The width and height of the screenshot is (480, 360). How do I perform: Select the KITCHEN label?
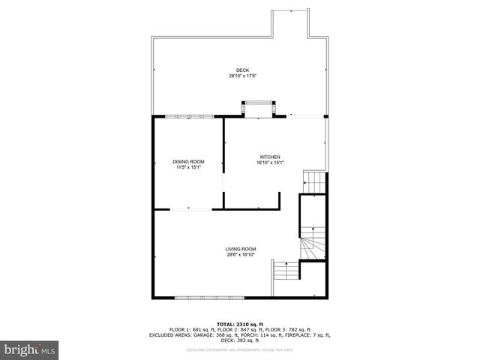click(x=269, y=156)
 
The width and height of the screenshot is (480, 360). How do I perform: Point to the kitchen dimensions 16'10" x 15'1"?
click(x=269, y=162)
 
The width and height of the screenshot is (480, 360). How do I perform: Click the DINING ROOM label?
click(x=188, y=161)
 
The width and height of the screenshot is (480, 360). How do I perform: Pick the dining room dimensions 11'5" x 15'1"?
click(x=188, y=167)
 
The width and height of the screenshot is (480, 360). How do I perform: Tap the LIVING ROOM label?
click(x=241, y=249)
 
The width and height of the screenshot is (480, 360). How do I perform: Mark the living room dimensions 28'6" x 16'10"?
click(x=241, y=255)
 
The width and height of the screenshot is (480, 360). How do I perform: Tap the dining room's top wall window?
click(x=188, y=116)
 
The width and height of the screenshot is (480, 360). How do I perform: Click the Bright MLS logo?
click(x=29, y=349)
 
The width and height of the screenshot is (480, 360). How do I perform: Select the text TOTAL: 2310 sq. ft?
click(x=240, y=323)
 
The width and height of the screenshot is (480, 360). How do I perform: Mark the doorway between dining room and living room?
click(x=188, y=209)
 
